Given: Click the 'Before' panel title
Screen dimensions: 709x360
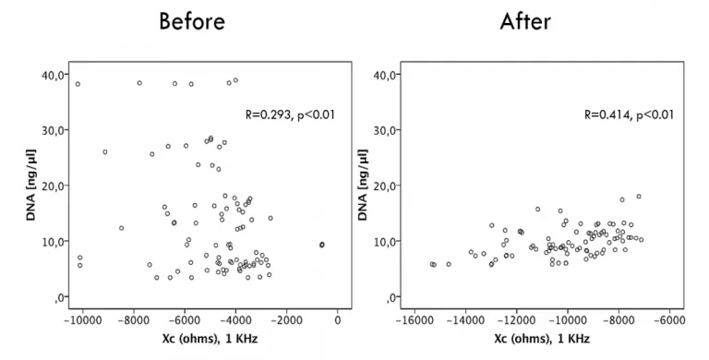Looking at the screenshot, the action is (x=192, y=21).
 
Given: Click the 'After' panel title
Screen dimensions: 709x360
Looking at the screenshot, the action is (x=525, y=21).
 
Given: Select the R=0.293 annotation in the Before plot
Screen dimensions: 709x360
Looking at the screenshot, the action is (x=290, y=114).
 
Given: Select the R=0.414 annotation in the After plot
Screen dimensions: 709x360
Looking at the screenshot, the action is (x=629, y=114).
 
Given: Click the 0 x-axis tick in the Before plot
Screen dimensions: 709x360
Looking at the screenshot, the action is (x=338, y=319).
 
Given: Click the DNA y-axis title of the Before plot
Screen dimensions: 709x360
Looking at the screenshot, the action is (x=30, y=185).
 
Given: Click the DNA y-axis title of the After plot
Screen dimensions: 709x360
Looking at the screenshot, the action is (x=363, y=185).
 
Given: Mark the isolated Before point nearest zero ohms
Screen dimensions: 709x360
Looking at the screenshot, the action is (x=322, y=245).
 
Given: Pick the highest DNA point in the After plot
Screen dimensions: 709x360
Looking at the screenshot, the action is (x=639, y=197).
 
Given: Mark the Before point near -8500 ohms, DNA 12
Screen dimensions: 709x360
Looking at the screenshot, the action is (x=121, y=228).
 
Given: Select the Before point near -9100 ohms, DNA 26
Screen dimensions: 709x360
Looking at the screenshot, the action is (x=105, y=152).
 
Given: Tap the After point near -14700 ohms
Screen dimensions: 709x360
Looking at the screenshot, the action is (x=449, y=264).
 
